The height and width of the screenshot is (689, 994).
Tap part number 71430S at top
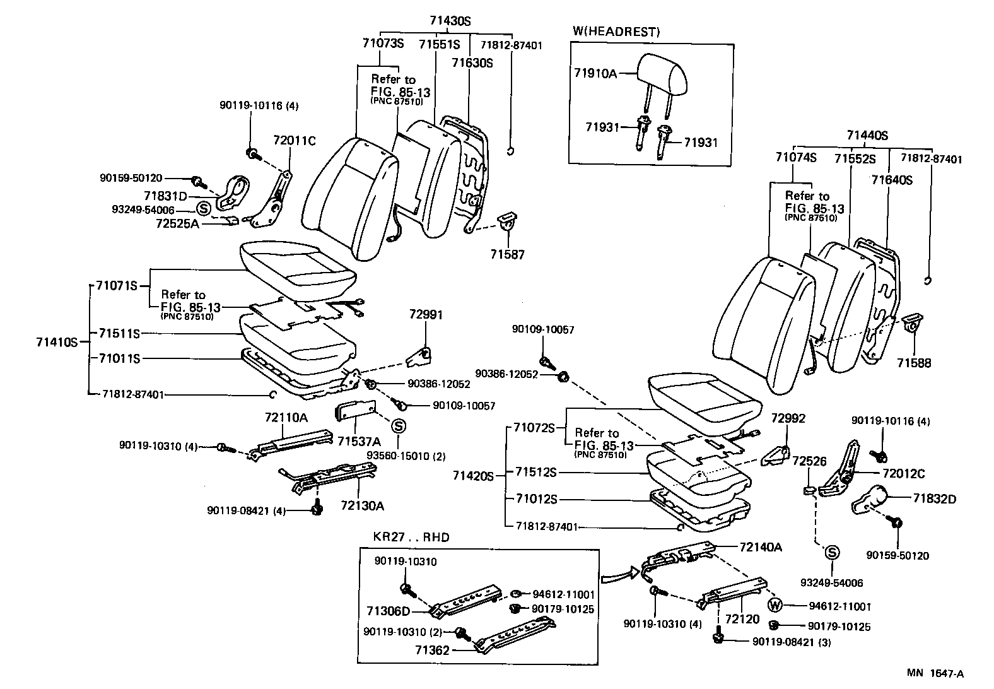(x=450, y=21)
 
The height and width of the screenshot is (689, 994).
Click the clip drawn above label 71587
(x=506, y=222)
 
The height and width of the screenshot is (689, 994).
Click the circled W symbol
(x=775, y=606)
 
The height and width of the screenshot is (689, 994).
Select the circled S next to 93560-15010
(x=399, y=425)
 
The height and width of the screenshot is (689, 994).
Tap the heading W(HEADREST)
(x=616, y=32)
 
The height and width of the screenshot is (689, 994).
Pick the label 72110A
(x=286, y=417)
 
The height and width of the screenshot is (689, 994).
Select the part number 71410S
(x=57, y=342)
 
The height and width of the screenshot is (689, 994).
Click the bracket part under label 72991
(x=418, y=356)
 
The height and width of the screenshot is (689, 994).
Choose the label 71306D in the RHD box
(x=388, y=611)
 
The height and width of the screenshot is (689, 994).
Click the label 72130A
(x=362, y=505)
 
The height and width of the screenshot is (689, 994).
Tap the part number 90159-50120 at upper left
(x=131, y=179)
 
